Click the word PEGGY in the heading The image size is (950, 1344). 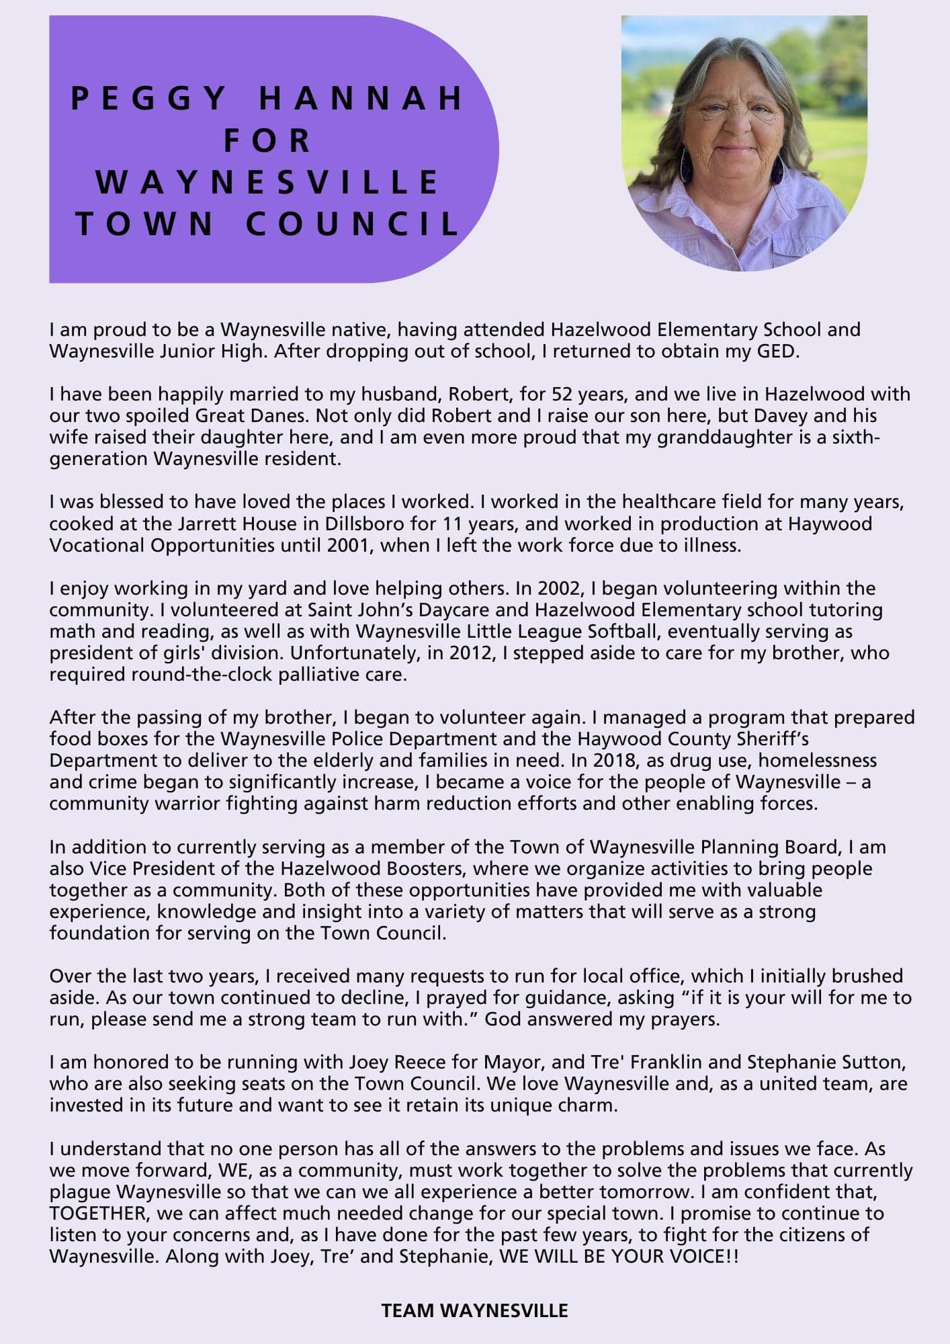tap(148, 98)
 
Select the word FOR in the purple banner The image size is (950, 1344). tap(267, 140)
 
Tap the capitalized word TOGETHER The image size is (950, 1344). tap(98, 1213)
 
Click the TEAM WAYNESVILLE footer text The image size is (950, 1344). tap(475, 1310)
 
